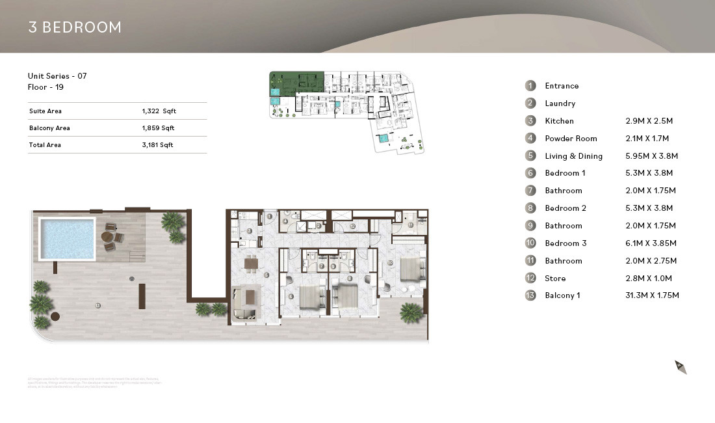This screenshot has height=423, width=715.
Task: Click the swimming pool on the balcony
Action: pyautogui.click(x=67, y=238)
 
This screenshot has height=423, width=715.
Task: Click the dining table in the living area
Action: pyautogui.click(x=252, y=263)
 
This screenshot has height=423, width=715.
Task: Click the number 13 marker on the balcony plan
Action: pyautogui.click(x=97, y=305)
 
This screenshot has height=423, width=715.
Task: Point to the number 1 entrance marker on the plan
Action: pyautogui.click(x=269, y=216)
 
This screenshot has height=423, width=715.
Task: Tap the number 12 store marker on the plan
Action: pyautogui.click(x=352, y=226)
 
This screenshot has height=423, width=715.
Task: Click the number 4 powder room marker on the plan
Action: pyautogui.click(x=285, y=221)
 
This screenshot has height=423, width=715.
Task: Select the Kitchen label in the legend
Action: pyautogui.click(x=559, y=121)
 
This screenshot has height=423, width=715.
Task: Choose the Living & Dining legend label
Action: pyautogui.click(x=573, y=156)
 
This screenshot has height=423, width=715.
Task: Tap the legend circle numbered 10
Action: pyautogui.click(x=531, y=243)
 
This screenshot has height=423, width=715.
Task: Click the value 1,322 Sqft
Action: pyautogui.click(x=159, y=111)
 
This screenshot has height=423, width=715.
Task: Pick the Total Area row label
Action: pyautogui.click(x=45, y=145)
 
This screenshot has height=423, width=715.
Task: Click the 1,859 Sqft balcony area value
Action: pyautogui.click(x=159, y=128)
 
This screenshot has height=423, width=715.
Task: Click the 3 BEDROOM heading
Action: pyautogui.click(x=75, y=27)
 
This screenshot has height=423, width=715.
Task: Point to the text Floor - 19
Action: pyautogui.click(x=45, y=87)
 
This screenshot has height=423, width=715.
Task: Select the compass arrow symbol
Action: pyautogui.click(x=681, y=367)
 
